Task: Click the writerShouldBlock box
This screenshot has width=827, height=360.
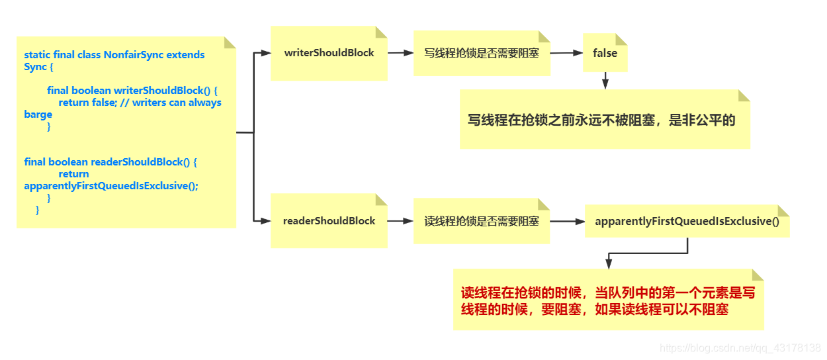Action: pyautogui.click(x=329, y=53)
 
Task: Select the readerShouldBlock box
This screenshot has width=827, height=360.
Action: pyautogui.click(x=329, y=221)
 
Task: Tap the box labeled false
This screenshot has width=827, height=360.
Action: pyautogui.click(x=605, y=53)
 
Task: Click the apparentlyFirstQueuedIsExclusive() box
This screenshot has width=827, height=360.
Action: pyautogui.click(x=687, y=221)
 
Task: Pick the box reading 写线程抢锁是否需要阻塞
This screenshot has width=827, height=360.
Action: pyautogui.click(x=481, y=53)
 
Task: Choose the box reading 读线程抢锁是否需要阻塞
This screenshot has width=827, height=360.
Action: pyautogui.click(x=481, y=221)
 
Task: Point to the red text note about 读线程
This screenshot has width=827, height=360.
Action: pyautogui.click(x=607, y=300)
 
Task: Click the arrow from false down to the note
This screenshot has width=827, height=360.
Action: pyautogui.click(x=605, y=80)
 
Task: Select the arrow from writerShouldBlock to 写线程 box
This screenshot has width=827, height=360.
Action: pyautogui.click(x=400, y=53)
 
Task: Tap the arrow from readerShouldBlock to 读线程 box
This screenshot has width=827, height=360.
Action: pyautogui.click(x=400, y=221)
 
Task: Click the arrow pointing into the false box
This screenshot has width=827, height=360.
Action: pyautogui.click(x=566, y=53)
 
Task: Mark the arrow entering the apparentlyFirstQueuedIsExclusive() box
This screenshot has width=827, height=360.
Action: pyautogui.click(x=567, y=221)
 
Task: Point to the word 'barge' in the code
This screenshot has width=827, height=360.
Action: pyautogui.click(x=38, y=114)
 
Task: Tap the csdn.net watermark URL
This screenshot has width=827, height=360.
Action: pyautogui.click(x=740, y=348)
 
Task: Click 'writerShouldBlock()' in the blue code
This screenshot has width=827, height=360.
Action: pyautogui.click(x=165, y=91)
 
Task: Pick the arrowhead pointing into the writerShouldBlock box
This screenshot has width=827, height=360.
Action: pyautogui.click(x=266, y=53)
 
